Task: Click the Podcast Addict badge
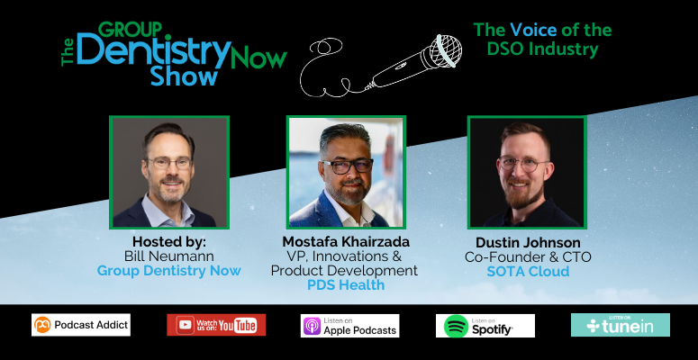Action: click(x=81, y=325)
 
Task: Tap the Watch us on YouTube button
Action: click(x=215, y=325)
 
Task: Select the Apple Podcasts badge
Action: click(x=349, y=326)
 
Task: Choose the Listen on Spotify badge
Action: click(x=485, y=326)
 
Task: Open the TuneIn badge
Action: click(x=620, y=325)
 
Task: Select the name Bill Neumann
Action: click(x=168, y=257)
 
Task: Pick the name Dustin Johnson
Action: click(x=528, y=243)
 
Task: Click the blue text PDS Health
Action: click(x=346, y=284)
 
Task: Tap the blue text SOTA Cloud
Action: click(x=528, y=271)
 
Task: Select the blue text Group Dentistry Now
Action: click(x=168, y=271)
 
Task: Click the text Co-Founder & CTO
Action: click(x=528, y=257)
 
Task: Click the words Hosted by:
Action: click(x=168, y=243)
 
